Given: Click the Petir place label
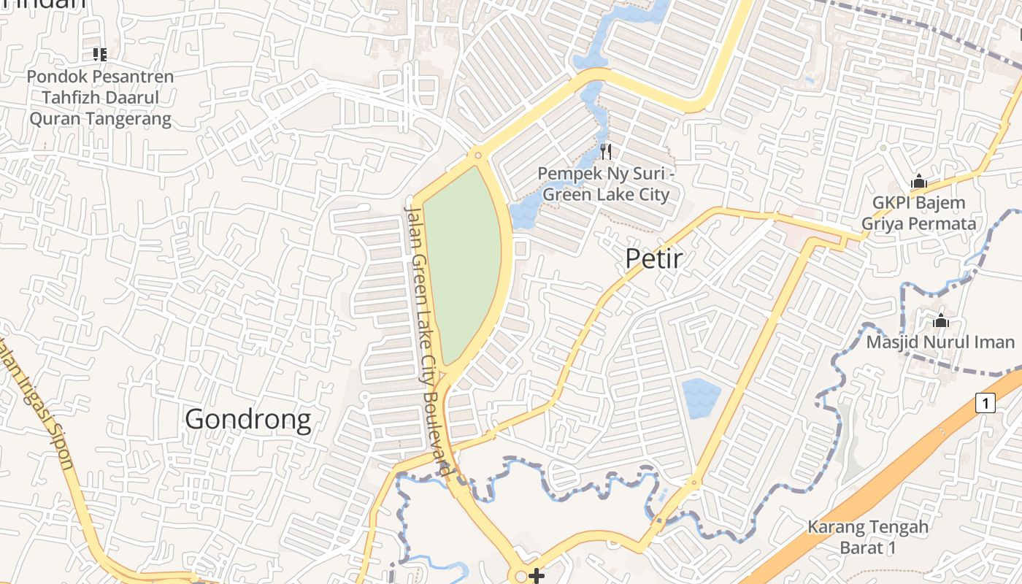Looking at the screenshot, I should pyautogui.click(x=654, y=258).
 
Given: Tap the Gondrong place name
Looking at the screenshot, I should pyautogui.click(x=247, y=420).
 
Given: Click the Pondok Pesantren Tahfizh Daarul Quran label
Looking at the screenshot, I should pyautogui.click(x=100, y=98).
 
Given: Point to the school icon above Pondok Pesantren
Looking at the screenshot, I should pyautogui.click(x=99, y=54).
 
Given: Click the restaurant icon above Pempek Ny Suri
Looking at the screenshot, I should pyautogui.click(x=605, y=152).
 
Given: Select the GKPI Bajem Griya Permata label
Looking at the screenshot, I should pyautogui.click(x=918, y=213).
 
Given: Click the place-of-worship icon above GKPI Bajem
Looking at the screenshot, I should pyautogui.click(x=918, y=180).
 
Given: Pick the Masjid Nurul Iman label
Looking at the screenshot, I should pyautogui.click(x=940, y=342).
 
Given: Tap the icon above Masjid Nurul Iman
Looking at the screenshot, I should pyautogui.click(x=940, y=320).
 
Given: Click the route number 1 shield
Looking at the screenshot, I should pyautogui.click(x=985, y=403).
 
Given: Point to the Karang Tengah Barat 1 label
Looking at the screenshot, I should pyautogui.click(x=867, y=537).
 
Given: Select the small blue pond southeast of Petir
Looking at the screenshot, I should pyautogui.click(x=702, y=397).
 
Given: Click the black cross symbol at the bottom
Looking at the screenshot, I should pyautogui.click(x=537, y=576).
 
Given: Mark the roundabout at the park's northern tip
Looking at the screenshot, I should pyautogui.click(x=477, y=155).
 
